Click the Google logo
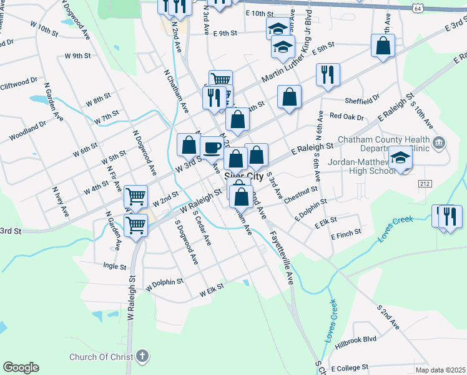click(21, 367)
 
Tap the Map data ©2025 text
click(441, 370)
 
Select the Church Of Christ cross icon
click(143, 357)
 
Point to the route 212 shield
click(425, 183)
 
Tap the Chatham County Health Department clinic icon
click(439, 144)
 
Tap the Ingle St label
click(114, 266)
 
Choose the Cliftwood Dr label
click(19, 84)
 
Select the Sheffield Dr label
click(361, 100)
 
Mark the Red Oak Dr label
click(347, 116)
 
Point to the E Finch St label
click(345, 232)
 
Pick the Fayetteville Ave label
click(282, 258)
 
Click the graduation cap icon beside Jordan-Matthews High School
click(400, 158)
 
